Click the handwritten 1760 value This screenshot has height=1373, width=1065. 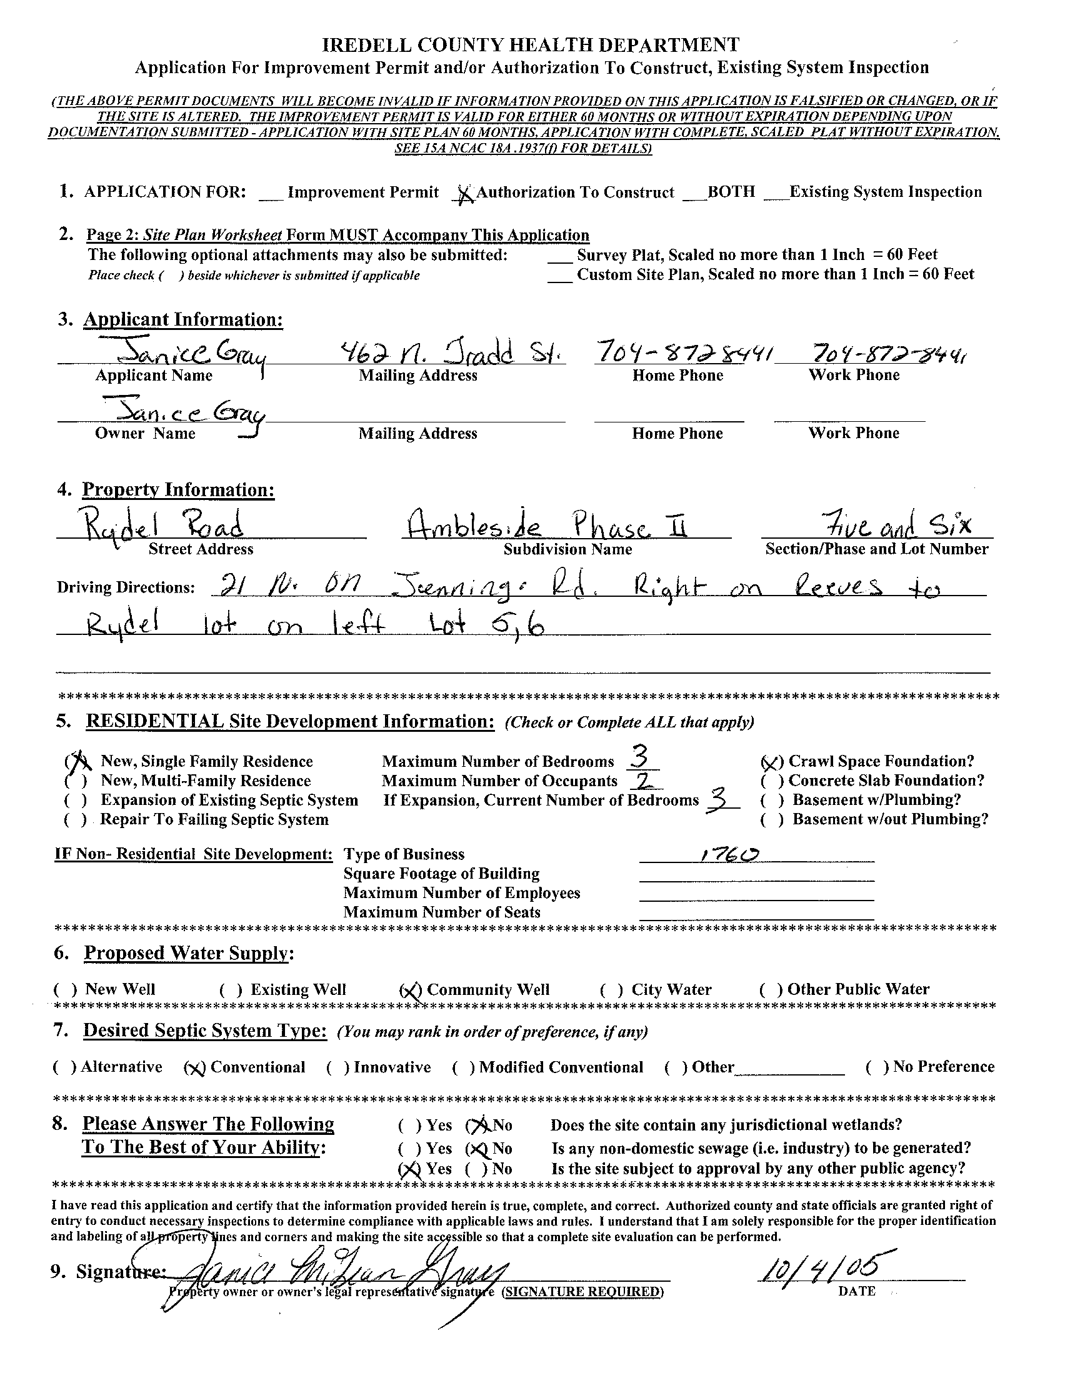[x=729, y=854]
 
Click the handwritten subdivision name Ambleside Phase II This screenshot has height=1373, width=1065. [x=544, y=524]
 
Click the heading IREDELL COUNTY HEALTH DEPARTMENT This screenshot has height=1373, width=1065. [x=531, y=44]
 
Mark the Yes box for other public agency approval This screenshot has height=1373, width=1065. [x=410, y=1169]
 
